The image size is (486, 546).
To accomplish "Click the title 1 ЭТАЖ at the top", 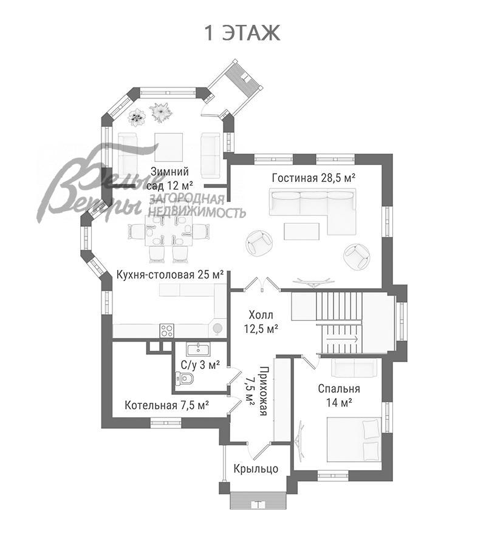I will (x=242, y=33).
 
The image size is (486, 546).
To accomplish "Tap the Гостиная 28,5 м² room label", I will (x=313, y=177).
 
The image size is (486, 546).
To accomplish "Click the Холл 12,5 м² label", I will (x=261, y=322).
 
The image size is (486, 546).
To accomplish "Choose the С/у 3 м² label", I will (x=200, y=365).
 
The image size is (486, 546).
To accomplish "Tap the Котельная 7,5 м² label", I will (x=167, y=405).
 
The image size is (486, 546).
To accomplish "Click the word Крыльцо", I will (x=256, y=468).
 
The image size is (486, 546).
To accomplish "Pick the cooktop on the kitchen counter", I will (x=167, y=331).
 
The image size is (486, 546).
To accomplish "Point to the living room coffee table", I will (x=303, y=231).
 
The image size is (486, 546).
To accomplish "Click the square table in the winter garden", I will (x=168, y=146).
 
